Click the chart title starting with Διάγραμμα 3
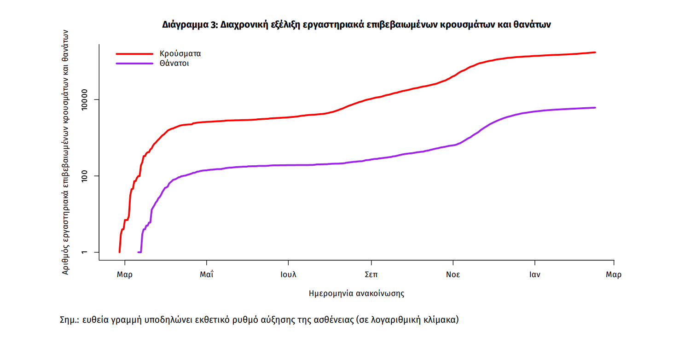click(x=356, y=25)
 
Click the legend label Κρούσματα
click(x=180, y=53)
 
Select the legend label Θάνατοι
click(x=174, y=64)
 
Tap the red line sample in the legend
click(x=134, y=53)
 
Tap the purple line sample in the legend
click(x=134, y=64)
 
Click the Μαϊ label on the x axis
click(x=207, y=275)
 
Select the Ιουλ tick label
click(x=288, y=275)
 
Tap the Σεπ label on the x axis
click(x=371, y=275)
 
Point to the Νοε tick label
click(x=453, y=275)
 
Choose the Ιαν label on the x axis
click(x=534, y=275)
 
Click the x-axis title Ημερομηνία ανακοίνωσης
click(x=356, y=293)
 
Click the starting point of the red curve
click(x=120, y=252)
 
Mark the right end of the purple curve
click(x=595, y=108)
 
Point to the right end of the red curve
click(x=595, y=52)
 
